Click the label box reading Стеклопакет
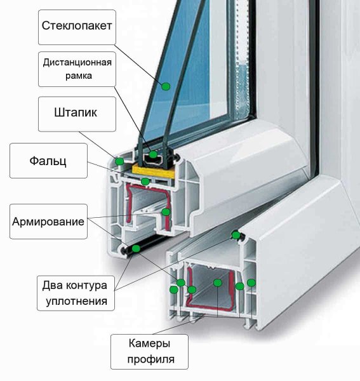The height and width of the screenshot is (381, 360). pyautogui.click(x=77, y=27)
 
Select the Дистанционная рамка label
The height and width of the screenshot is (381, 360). pyautogui.click(x=77, y=69)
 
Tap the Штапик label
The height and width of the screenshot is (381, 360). pyautogui.click(x=77, y=114)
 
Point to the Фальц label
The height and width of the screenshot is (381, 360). pyautogui.click(x=48, y=161)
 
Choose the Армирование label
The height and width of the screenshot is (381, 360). pyautogui.click(x=48, y=222)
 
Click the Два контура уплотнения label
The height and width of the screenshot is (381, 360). pyautogui.click(x=76, y=293)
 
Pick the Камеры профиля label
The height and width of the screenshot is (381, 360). pyautogui.click(x=149, y=352)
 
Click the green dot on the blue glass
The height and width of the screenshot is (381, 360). pyautogui.click(x=166, y=86)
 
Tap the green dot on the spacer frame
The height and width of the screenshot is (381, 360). pyautogui.click(x=153, y=154)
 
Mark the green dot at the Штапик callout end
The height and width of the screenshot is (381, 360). pyautogui.click(x=119, y=161)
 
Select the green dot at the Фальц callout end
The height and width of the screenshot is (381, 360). pyautogui.click(x=145, y=181)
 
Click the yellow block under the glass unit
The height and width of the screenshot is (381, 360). pyautogui.click(x=153, y=171)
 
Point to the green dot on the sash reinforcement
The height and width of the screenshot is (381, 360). pyautogui.click(x=166, y=212)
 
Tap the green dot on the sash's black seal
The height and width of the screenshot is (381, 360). pyautogui.click(x=136, y=248)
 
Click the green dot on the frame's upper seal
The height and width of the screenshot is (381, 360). pyautogui.click(x=236, y=235)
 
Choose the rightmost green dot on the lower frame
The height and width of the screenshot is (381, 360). pyautogui.click(x=251, y=283)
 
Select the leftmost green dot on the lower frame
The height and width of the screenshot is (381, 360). pyautogui.click(x=174, y=290)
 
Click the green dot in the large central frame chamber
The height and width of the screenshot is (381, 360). pyautogui.click(x=218, y=283)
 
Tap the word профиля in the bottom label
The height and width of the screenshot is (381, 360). pyautogui.click(x=151, y=359)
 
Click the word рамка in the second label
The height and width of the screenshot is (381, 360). pyautogui.click(x=79, y=76)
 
